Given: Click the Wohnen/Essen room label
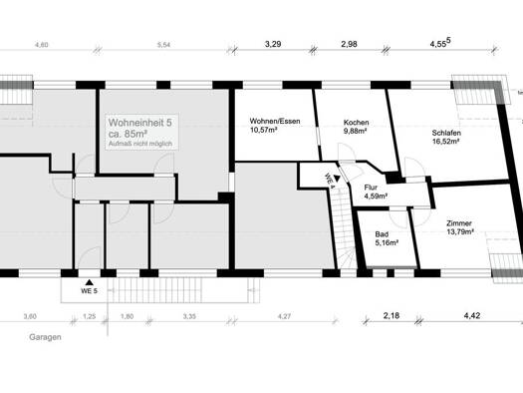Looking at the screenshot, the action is click(x=275, y=122).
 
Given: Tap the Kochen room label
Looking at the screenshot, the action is click(x=356, y=123).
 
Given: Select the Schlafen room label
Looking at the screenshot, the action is click(x=446, y=133).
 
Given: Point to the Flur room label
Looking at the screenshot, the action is click(x=371, y=188).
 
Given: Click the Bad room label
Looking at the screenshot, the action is click(x=382, y=234).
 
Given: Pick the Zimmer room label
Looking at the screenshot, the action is click(x=459, y=223).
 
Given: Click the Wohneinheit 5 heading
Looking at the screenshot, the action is click(x=140, y=123).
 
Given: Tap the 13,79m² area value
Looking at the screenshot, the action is click(x=460, y=231).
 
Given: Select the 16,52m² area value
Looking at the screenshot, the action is click(x=446, y=141).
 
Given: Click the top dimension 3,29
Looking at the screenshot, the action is click(x=273, y=44).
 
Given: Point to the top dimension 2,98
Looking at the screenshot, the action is click(x=350, y=44).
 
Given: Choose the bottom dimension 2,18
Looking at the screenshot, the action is click(x=392, y=315).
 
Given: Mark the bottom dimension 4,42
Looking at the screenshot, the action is click(x=472, y=315).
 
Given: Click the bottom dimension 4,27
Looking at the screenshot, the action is click(x=284, y=316).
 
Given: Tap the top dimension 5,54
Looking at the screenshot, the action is click(x=163, y=45).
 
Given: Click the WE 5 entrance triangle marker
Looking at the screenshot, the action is click(x=89, y=282).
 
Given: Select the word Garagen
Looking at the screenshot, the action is click(x=45, y=337).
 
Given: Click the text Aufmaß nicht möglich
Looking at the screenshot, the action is click(x=140, y=144).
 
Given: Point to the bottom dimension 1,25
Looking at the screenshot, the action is click(x=89, y=316).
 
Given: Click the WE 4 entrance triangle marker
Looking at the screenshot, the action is click(x=337, y=180).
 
